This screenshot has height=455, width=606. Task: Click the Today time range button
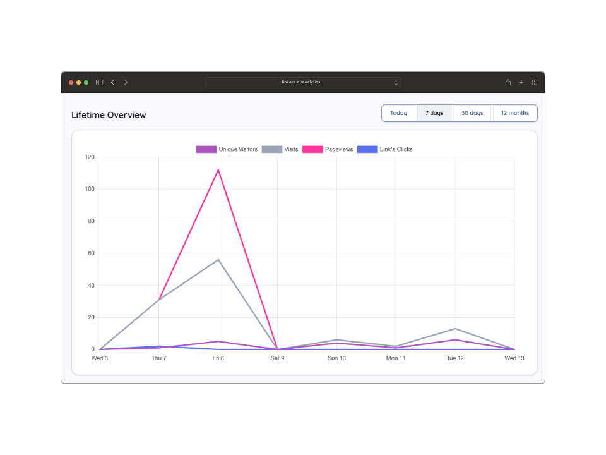398,113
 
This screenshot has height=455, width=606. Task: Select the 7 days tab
434,113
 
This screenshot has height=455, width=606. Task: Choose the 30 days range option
472,113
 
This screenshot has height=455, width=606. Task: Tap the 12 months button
515,113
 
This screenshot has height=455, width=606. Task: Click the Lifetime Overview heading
109,115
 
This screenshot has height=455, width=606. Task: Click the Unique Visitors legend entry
227,149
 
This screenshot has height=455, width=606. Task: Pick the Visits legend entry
280,149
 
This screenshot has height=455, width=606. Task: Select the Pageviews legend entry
328,149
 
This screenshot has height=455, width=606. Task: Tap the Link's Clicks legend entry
385,149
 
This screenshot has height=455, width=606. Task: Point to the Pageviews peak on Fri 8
218,169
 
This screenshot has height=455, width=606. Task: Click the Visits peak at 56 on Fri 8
218,260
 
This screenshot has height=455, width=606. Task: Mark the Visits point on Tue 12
455,329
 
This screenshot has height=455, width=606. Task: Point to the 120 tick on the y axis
90,157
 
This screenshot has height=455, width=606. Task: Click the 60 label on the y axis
91,253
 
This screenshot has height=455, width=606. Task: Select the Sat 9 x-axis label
277,358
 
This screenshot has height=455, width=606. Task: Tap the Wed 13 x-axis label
514,358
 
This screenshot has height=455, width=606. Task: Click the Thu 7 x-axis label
159,358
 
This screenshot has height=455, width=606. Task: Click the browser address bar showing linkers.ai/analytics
302,82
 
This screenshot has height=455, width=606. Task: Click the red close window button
71,82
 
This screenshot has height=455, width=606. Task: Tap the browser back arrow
112,82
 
